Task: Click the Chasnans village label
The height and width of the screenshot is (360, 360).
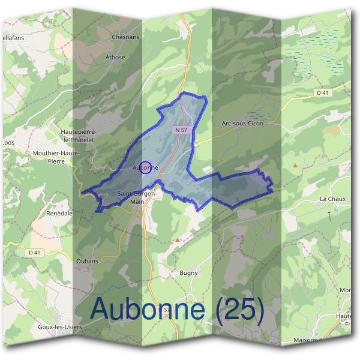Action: [125, 37]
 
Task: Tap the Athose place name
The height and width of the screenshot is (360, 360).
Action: [116, 58]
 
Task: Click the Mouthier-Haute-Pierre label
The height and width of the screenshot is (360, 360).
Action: [56, 157]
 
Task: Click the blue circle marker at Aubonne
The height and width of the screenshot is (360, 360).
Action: [145, 167]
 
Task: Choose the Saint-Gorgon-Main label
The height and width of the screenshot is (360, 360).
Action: [137, 197]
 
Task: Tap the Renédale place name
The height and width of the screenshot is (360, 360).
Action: [59, 213]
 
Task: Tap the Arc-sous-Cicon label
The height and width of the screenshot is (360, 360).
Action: [242, 123]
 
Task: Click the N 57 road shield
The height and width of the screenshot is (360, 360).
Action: [182, 130]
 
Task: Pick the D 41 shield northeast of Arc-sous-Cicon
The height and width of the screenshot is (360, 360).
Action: [323, 93]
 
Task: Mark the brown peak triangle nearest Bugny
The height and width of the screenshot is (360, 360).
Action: [178, 239]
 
